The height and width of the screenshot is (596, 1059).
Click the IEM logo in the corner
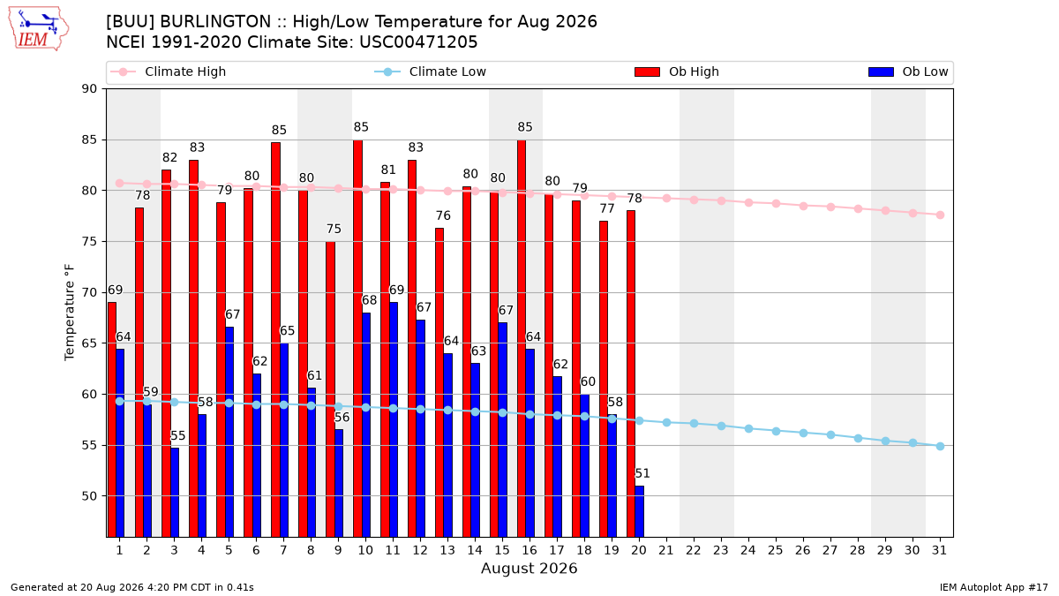39,29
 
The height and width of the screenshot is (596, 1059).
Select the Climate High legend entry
168,72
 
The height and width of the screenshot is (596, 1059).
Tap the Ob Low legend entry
908,72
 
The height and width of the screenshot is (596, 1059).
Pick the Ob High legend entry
677,72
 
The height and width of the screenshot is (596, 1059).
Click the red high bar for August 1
112,419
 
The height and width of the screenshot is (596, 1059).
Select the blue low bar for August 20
639,511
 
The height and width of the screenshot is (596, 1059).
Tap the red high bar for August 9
330,389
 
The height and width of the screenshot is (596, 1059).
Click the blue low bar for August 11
394,419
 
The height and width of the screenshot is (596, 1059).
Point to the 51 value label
642,473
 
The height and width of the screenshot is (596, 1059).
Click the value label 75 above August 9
334,229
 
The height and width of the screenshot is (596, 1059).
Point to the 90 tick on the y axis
89,89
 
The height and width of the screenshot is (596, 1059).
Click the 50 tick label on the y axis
89,496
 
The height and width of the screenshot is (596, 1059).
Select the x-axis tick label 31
939,550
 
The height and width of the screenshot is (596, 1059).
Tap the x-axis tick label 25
776,550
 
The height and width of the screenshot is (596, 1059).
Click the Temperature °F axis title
70,313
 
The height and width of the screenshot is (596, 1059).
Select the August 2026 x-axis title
529,568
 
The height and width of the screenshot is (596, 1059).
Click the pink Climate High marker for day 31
940,215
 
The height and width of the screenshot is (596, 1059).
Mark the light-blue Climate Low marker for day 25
776,432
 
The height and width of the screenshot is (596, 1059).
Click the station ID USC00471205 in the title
418,42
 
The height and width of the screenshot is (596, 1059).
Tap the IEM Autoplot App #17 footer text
994,587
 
